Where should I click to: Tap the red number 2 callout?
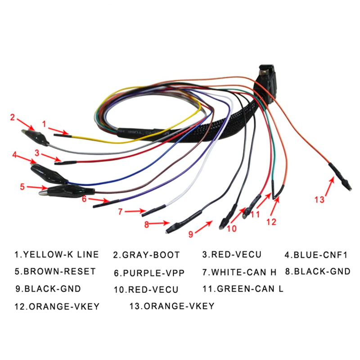pos(13,118)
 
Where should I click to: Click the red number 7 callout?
pos(120,211)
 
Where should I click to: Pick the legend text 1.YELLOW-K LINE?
pos(56,255)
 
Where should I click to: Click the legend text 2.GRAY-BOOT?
pos(146,255)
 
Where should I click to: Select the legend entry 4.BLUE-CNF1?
pos(316,255)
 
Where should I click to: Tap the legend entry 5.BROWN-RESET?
pos(55,271)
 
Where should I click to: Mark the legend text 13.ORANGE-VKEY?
pos(171,306)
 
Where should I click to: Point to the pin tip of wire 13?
pos(347,186)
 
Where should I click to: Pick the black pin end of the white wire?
pos(153,209)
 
